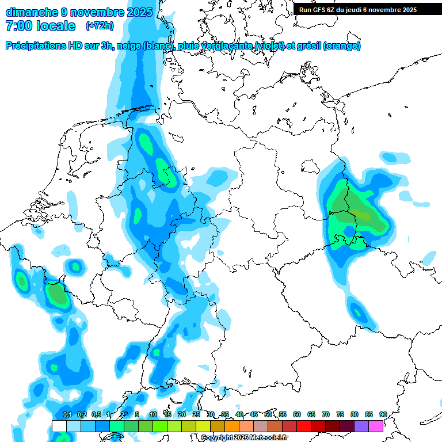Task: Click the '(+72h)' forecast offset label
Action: coord(100,26)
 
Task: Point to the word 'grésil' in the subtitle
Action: coord(307,46)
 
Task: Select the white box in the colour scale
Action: coord(59,426)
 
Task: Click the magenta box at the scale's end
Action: coord(376,426)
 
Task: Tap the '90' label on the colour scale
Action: coord(383,414)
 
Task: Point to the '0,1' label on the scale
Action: coord(67,414)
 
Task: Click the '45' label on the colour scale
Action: coord(254,414)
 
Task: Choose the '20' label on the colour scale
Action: coord(182,414)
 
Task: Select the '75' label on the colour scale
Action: coord(340,414)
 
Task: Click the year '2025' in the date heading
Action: coord(138,12)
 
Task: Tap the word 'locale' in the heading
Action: coord(56,26)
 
